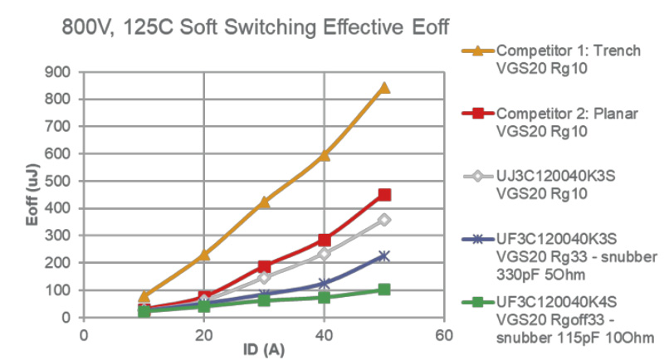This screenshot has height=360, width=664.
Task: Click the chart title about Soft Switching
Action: tap(256, 28)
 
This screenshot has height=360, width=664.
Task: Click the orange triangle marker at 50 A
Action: tap(384, 87)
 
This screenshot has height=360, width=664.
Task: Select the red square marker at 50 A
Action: tap(384, 195)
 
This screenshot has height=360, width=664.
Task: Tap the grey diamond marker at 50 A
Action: tap(384, 220)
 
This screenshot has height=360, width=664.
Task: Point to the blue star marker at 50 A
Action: tap(384, 256)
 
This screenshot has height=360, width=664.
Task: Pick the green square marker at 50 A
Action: tap(384, 289)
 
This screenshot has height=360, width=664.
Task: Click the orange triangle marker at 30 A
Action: tap(264, 202)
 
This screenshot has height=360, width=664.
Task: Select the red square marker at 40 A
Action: tap(325, 240)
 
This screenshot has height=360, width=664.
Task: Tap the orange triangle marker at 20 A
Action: tap(204, 255)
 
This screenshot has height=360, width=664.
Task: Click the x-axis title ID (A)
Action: tap(264, 350)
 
